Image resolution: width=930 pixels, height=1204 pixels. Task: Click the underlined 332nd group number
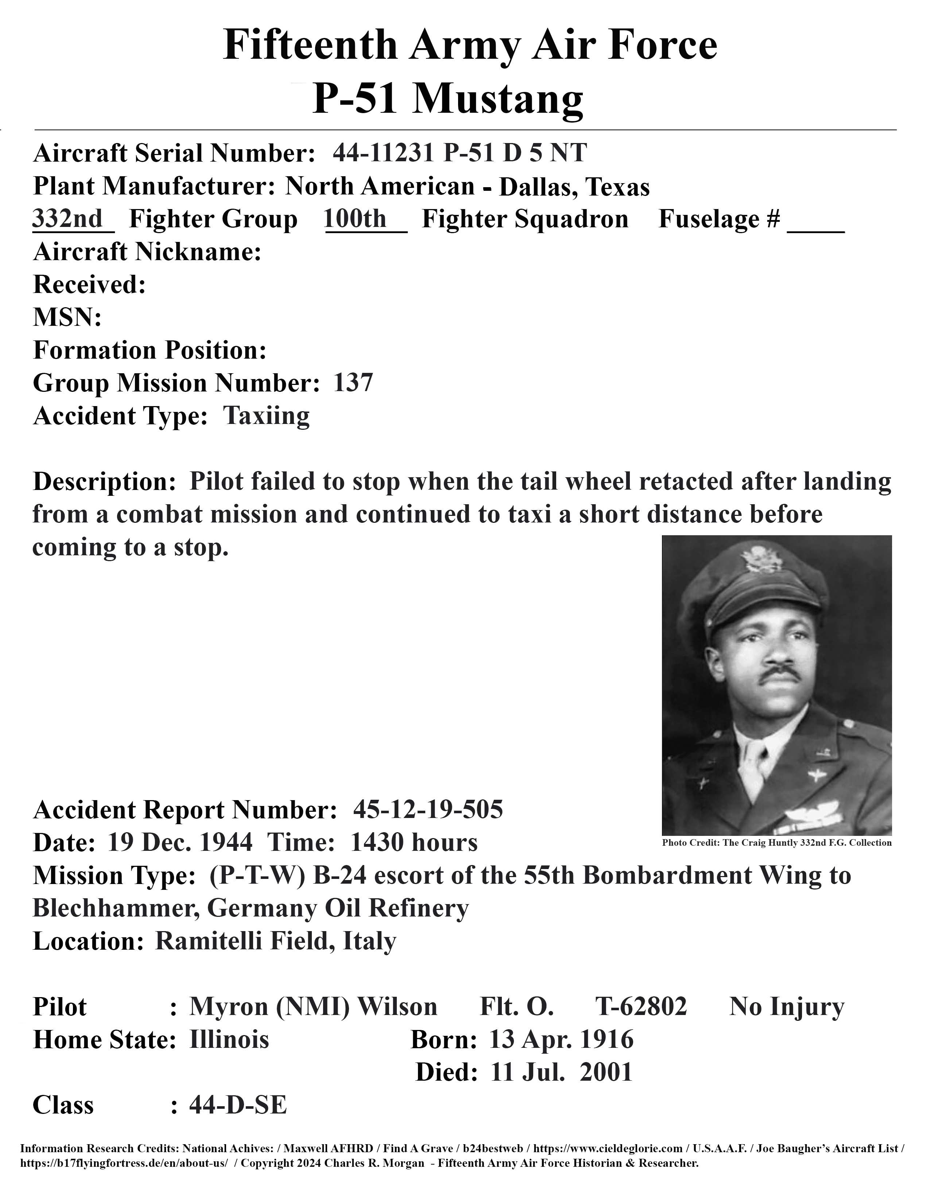[x=68, y=219]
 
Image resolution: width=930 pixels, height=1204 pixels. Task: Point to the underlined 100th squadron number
[x=355, y=219]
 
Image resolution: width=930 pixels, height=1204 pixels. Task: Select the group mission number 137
[x=353, y=383]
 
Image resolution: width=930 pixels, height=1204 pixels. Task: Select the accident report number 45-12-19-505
[x=428, y=810]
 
